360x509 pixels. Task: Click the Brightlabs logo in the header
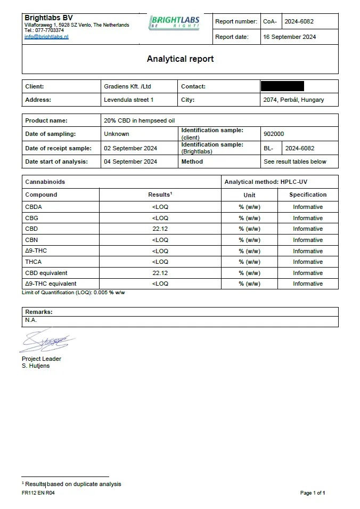coord(175,22)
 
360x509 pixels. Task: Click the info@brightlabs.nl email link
coord(46,37)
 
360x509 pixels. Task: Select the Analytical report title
coord(180,59)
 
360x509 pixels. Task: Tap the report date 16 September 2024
coord(289,37)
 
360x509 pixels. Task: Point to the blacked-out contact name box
coord(282,86)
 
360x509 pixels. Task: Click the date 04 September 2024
coord(130,161)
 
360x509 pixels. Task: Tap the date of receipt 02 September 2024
coord(130,148)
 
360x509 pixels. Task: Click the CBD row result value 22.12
coord(160,229)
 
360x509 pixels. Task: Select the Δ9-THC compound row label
coord(36,251)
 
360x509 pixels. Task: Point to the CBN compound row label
coord(32,240)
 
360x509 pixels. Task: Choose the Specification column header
coord(308,195)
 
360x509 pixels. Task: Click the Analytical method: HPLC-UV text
coord(266,182)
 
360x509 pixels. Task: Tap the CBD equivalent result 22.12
coord(160,273)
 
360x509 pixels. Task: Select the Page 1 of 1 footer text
coord(313,493)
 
